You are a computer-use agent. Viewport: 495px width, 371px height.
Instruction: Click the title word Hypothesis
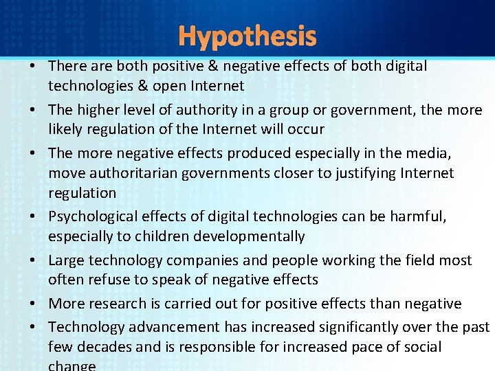pyautogui.click(x=247, y=36)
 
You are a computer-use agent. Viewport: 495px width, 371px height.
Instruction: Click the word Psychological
pyautogui.click(x=93, y=217)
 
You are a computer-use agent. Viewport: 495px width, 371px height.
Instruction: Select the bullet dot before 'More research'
pyautogui.click(x=33, y=304)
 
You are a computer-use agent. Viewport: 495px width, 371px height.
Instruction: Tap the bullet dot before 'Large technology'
pyautogui.click(x=33, y=261)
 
